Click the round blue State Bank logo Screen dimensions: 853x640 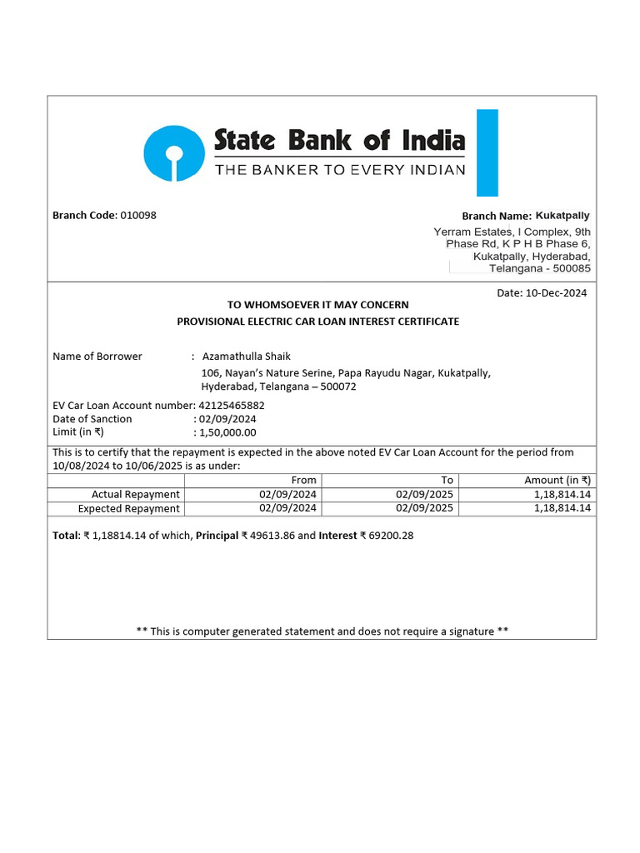(173, 153)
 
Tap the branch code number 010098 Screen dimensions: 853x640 (138, 215)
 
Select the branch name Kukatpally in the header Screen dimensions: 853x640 (562, 216)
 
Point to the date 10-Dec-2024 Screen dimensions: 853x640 (555, 292)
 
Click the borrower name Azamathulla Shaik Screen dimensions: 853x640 (247, 356)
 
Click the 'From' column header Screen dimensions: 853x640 (304, 480)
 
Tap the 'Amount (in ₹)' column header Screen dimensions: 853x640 (557, 480)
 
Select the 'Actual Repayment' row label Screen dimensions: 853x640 (135, 494)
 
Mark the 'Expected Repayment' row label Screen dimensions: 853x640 (128, 508)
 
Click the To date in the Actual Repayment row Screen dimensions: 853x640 (424, 494)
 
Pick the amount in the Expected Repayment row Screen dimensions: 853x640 (562, 508)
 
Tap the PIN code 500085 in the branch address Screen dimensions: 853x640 (572, 269)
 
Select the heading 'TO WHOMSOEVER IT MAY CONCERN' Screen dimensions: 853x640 (317, 305)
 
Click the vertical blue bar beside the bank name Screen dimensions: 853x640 (487, 153)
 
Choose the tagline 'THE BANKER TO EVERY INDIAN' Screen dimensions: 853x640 (340, 170)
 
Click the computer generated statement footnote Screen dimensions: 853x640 (322, 631)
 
